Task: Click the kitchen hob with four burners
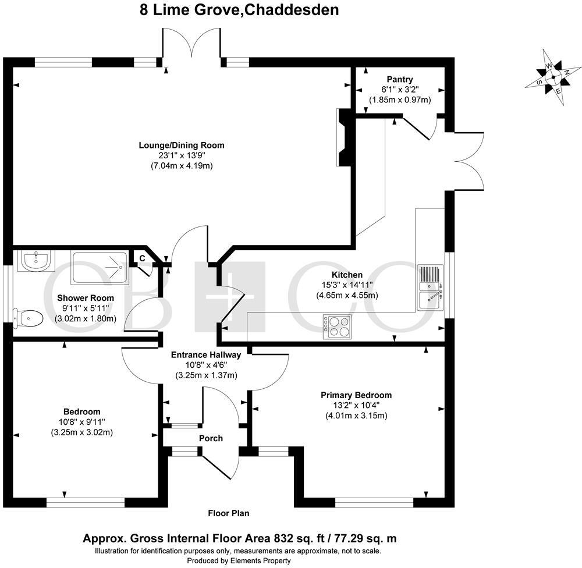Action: click(338, 326)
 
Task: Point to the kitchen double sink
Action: click(431, 287)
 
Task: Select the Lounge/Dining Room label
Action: click(181, 145)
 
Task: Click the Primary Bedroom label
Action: click(356, 395)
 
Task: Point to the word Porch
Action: click(211, 438)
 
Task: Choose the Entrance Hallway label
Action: click(206, 355)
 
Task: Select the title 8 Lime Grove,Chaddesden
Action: click(239, 10)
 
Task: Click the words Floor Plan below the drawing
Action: click(229, 513)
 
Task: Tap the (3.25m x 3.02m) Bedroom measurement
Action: click(81, 432)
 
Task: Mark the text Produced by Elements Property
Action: click(238, 560)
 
